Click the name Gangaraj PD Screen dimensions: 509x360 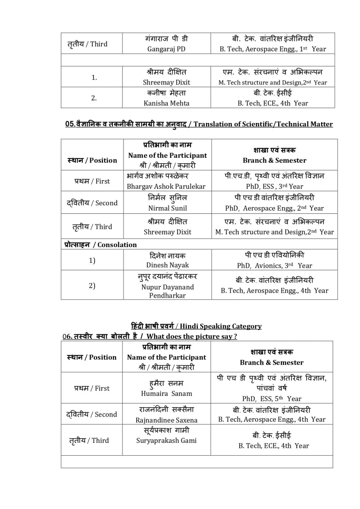click(x=166, y=49)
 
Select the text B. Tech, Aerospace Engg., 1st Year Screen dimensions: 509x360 click(x=273, y=49)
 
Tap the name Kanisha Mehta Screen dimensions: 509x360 click(x=166, y=103)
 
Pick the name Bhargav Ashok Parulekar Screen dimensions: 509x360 click(x=166, y=186)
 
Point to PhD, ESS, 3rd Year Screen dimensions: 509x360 click(x=274, y=186)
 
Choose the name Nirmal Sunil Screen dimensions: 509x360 click(x=167, y=208)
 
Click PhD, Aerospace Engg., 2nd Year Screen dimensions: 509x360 click(x=274, y=208)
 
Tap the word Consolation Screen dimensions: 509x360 click(x=117, y=245)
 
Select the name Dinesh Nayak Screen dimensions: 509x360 click(x=167, y=265)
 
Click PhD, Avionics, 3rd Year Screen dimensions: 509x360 click(x=274, y=265)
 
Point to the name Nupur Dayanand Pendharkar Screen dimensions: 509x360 click(x=167, y=291)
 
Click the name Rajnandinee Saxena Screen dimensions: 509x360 click(x=166, y=420)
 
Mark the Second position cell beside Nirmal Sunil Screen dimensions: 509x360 click(x=92, y=203)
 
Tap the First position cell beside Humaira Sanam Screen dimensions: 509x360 click(x=92, y=388)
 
